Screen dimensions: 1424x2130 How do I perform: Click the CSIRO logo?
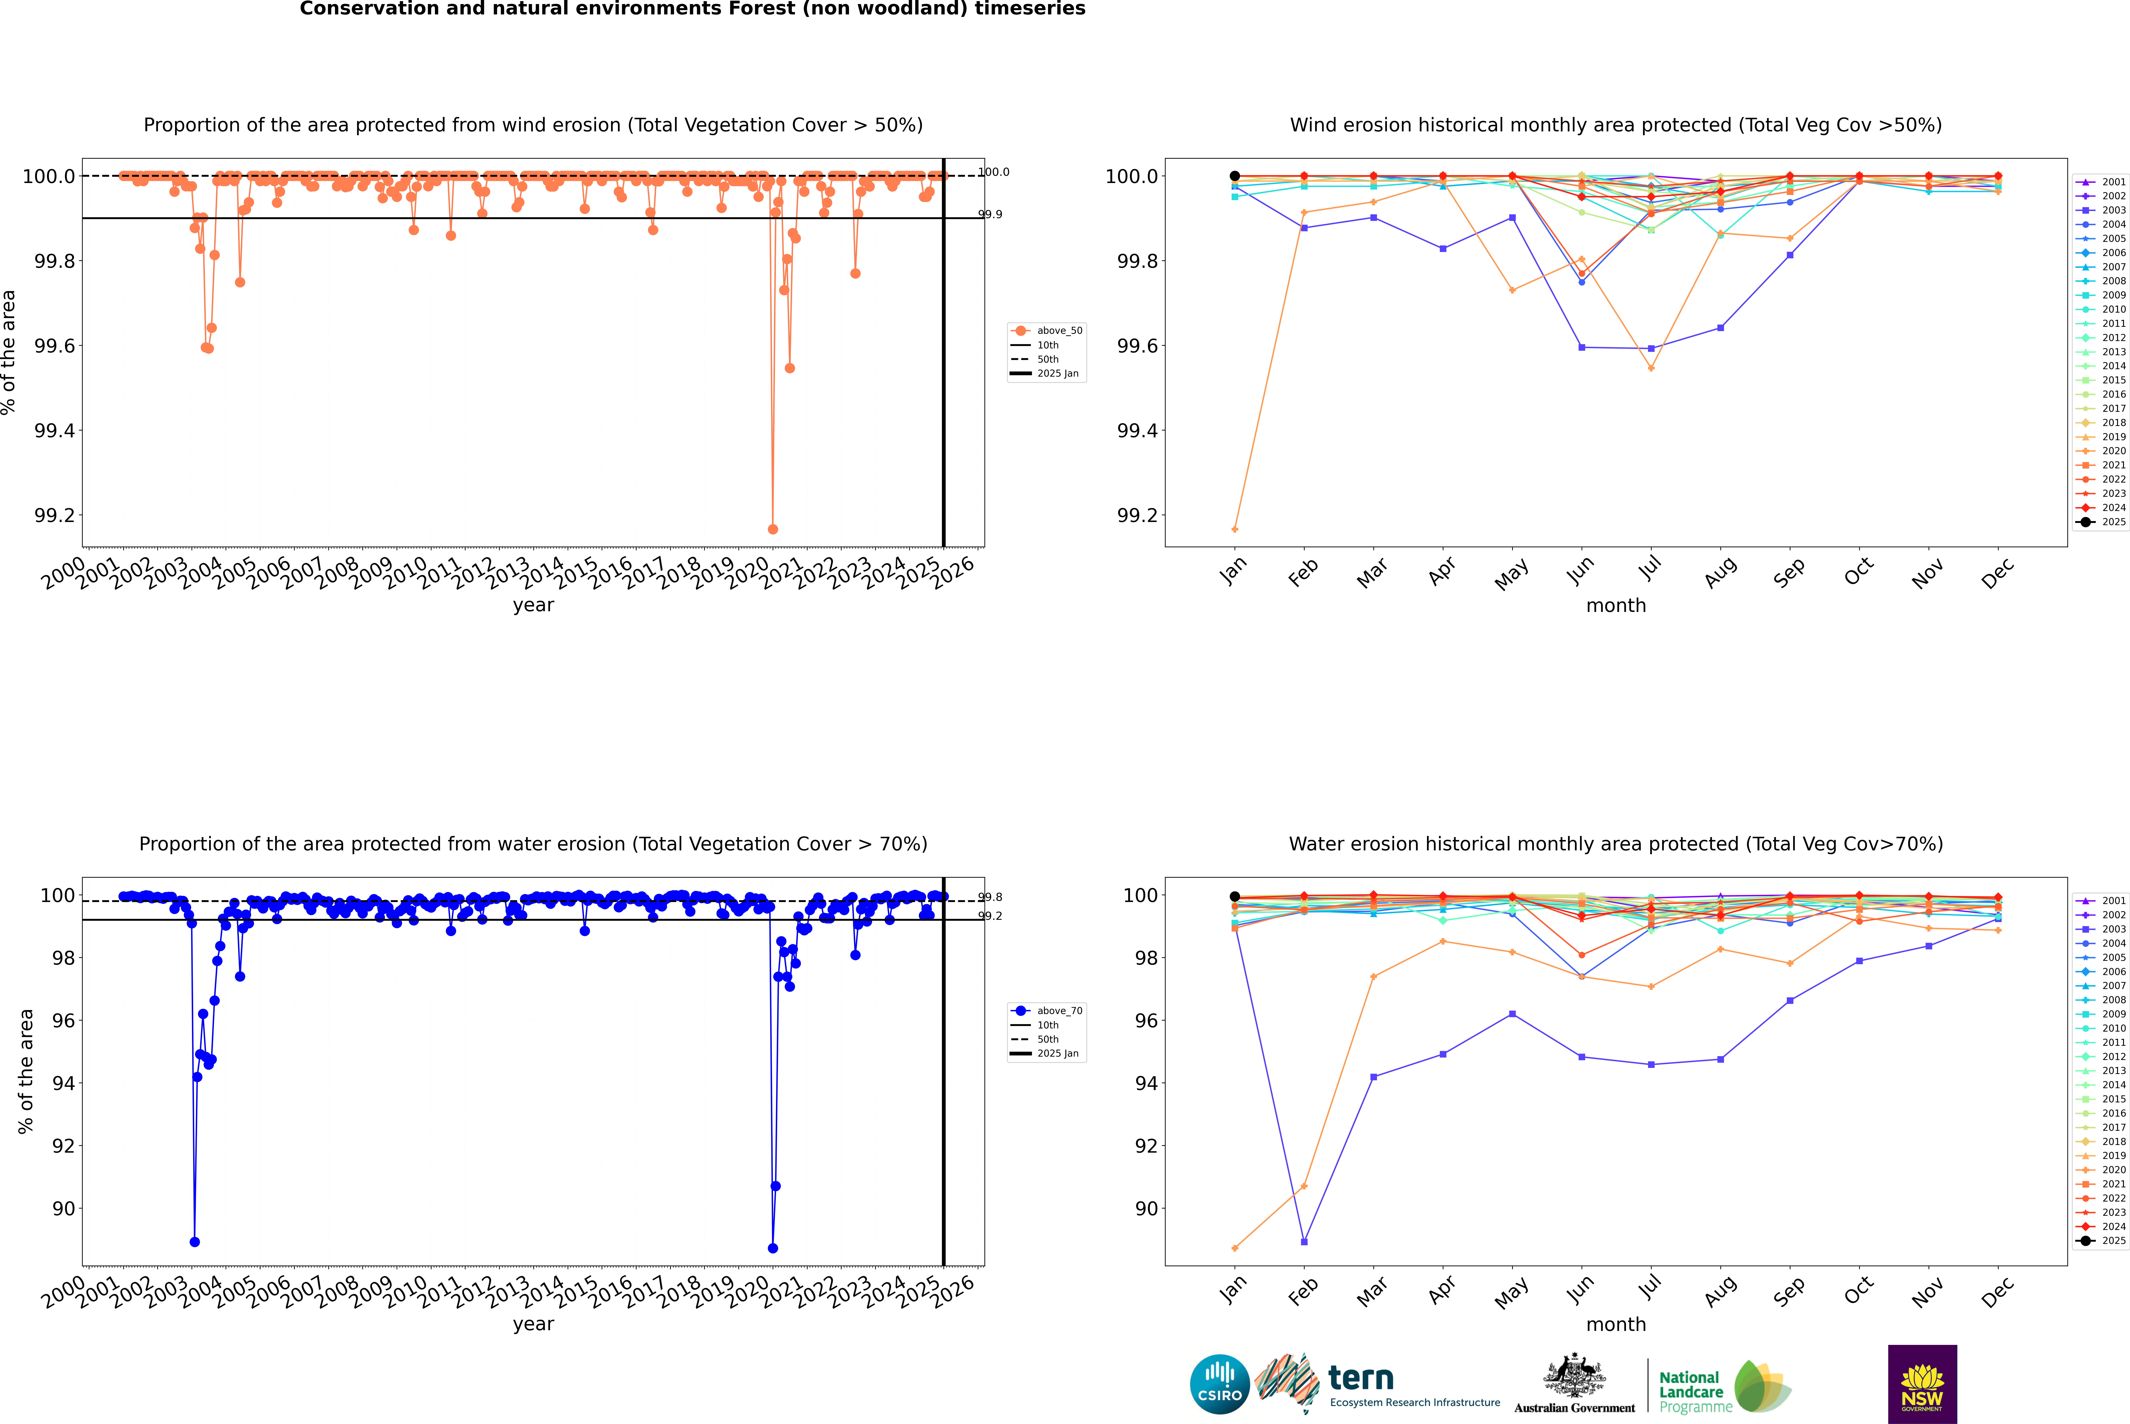[1219, 1384]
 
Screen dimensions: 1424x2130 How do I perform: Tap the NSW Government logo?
[1922, 1384]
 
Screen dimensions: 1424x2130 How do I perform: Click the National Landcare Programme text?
[1691, 1391]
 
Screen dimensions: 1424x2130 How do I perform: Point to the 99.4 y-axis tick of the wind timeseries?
[55, 430]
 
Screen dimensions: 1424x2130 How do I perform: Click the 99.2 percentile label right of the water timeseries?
[990, 916]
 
